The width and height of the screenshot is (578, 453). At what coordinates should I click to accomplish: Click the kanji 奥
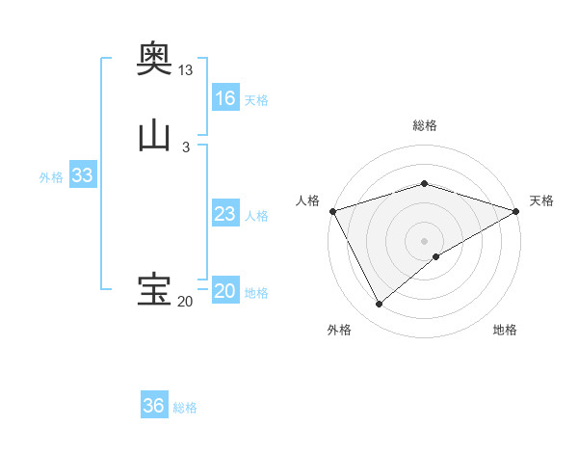point(154,59)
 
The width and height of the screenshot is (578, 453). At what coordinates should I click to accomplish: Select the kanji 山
point(154,135)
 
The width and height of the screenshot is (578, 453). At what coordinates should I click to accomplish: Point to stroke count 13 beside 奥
point(186,70)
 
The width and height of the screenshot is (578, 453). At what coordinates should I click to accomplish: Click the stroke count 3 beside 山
point(186,147)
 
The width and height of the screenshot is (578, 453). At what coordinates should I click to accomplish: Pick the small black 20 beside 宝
point(185,302)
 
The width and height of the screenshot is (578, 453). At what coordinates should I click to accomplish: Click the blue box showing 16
point(225,98)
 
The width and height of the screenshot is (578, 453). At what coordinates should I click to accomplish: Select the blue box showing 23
point(225,214)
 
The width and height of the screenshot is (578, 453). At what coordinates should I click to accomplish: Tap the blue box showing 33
point(82,175)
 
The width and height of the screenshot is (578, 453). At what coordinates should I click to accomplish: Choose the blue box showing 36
point(154,406)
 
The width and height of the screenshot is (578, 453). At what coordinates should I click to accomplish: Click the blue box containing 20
point(225,291)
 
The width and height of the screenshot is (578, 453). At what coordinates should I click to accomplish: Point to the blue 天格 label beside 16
point(256,100)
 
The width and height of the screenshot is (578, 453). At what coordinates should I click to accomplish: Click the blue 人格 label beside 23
point(256,216)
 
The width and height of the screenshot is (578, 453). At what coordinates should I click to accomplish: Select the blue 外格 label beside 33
point(51,177)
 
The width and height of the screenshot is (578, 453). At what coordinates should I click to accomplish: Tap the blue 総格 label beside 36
point(185,408)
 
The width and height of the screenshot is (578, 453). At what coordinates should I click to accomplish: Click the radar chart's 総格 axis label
point(424,125)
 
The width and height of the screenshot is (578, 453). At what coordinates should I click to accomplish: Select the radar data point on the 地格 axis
point(436,256)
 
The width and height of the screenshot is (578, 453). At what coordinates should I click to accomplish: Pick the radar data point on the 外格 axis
point(380,305)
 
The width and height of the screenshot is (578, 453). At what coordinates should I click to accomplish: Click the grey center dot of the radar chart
point(424,240)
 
